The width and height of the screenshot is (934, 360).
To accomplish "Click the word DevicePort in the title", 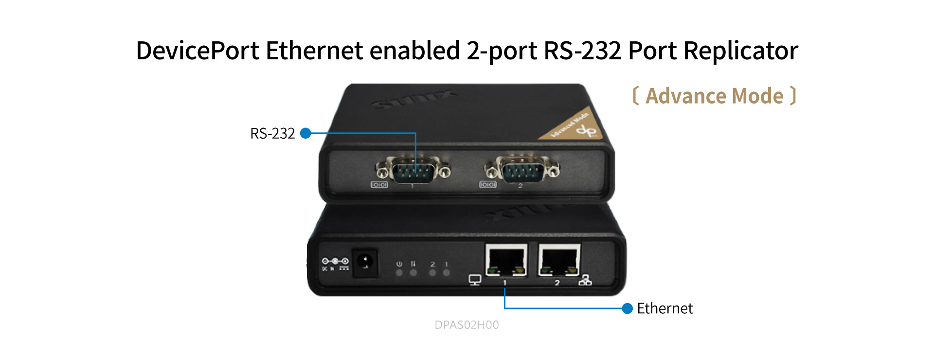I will coord(197,51).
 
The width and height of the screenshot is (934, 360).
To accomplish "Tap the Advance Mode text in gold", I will coord(714,96).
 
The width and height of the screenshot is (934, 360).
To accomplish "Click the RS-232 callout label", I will coord(272,133).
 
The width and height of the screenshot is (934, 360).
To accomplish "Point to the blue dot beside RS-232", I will coord(305,133).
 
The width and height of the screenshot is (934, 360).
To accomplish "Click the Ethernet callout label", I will coord(665,308).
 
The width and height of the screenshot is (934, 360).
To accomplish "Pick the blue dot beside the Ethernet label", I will coord(628,308).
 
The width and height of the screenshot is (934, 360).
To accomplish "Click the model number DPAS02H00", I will coord(467,325).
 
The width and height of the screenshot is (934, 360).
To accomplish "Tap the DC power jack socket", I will coord(364,263).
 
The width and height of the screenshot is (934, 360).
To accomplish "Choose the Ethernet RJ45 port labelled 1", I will coord(506,261).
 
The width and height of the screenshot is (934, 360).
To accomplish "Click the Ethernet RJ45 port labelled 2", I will coord(559,261).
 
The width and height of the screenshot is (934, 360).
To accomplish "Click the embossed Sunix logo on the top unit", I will coord(413,99).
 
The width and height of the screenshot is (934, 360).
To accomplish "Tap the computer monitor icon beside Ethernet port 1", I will coord(475,280).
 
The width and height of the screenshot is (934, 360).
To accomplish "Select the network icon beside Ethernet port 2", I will coord(585,280).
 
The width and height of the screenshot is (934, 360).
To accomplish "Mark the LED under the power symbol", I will coord(399,273).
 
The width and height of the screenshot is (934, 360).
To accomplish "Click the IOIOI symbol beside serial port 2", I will coord(487,185).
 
